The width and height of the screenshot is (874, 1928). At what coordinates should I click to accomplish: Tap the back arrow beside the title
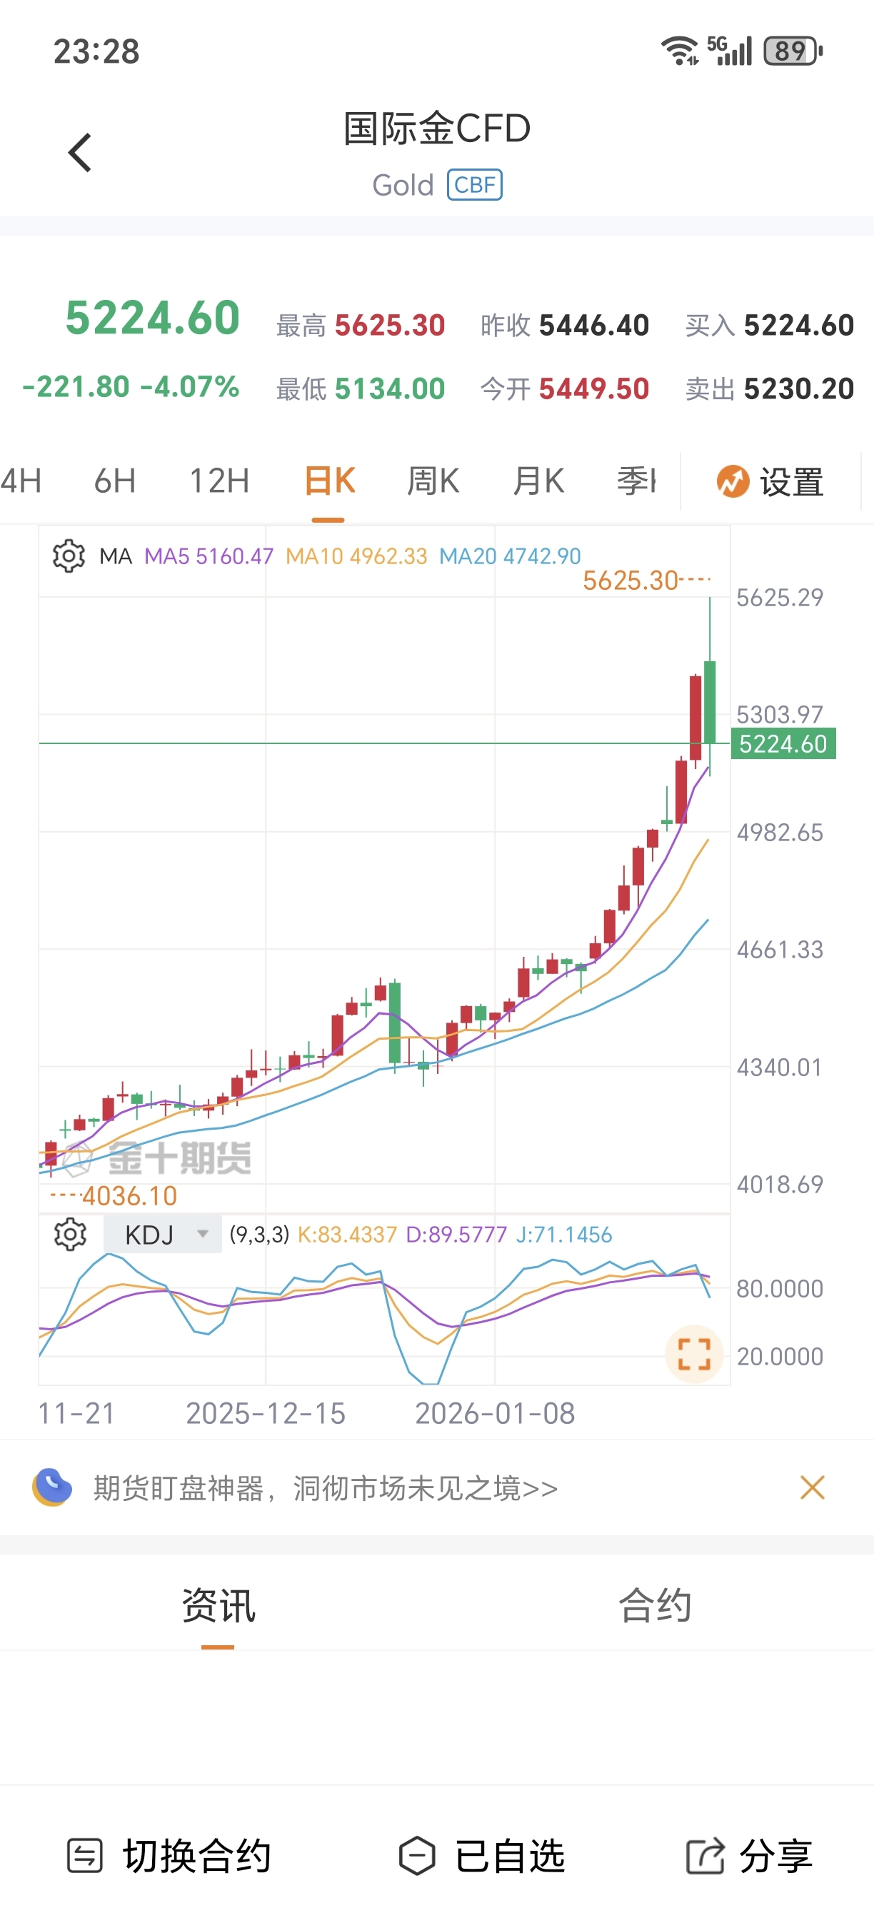pos(80,153)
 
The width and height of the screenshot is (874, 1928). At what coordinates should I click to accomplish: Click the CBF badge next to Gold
pos(474,185)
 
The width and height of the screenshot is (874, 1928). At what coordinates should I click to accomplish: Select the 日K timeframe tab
pos(329,481)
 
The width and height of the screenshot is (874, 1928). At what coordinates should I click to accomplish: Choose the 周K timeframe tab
pos(433,481)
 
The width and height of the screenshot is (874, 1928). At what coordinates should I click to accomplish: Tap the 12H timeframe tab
pos(218,481)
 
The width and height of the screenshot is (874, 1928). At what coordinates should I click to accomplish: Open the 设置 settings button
pos(770,481)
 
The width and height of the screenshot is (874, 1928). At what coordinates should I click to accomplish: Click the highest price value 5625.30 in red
pos(389,326)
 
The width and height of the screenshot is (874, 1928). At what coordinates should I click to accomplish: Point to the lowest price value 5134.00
pos(389,389)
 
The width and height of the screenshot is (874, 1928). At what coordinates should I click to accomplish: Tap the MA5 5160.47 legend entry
pos(209,556)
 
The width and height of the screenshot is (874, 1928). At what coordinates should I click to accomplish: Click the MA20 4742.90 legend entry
pos(510,556)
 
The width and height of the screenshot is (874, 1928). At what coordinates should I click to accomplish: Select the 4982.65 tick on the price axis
pos(780,833)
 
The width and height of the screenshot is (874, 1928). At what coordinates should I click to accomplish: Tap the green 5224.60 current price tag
pos(783,744)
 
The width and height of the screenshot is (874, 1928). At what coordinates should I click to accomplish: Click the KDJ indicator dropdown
pos(162,1235)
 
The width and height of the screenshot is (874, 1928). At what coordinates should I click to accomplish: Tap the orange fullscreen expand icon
pos(693,1353)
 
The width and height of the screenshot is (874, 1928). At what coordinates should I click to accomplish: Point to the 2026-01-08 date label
pos(495,1413)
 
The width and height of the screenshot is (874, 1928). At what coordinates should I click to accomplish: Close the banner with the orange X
pos(812,1488)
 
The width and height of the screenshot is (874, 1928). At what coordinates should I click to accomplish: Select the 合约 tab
pos(655,1605)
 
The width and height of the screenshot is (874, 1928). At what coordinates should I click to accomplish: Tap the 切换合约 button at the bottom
pos(169,1857)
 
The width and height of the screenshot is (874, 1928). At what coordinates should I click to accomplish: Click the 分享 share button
pos(750,1857)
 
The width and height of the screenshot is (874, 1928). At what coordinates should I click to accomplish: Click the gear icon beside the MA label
pos(69,556)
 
